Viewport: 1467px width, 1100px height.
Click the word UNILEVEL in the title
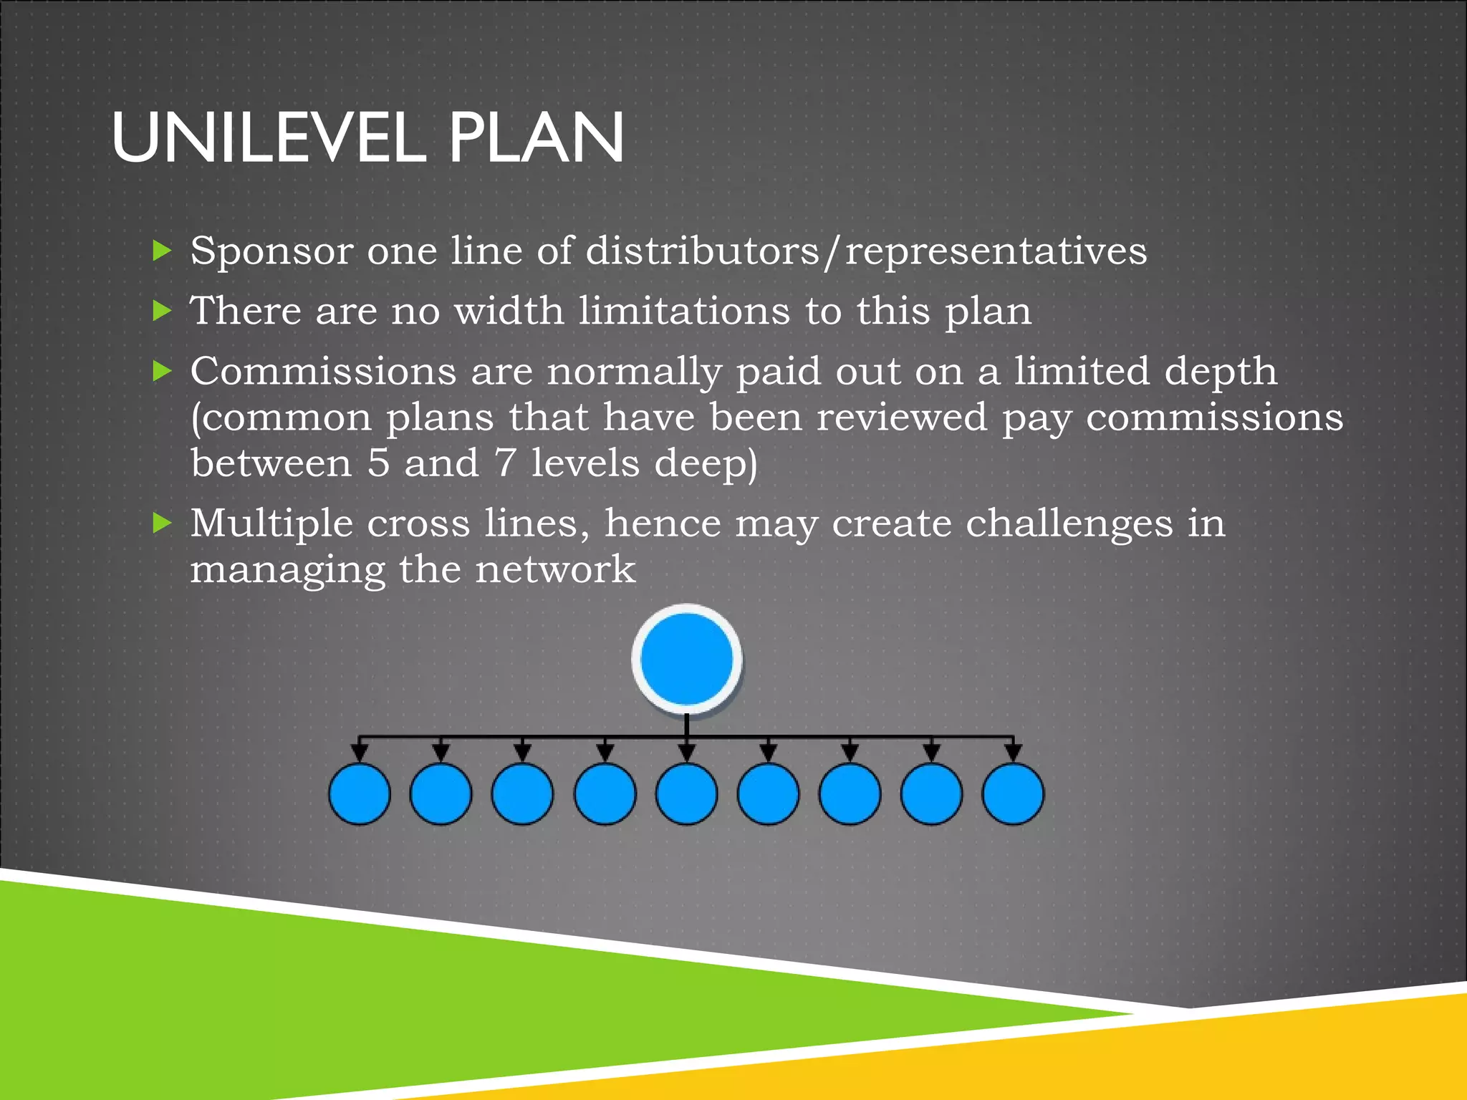pos(269,137)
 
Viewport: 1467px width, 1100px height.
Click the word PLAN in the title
pos(537,137)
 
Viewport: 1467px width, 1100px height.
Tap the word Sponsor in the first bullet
pos(272,252)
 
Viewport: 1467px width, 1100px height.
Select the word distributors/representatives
pos(866,252)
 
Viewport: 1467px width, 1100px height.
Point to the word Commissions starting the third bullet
pos(323,372)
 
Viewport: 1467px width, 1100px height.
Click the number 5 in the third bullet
pos(378,463)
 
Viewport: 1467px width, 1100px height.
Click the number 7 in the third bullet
pos(505,463)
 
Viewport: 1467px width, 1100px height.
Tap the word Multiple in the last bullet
pos(271,524)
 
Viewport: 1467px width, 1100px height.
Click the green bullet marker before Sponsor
pos(163,251)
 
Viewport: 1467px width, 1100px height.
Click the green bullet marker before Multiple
pos(163,523)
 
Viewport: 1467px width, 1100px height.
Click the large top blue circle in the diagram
pos(686,660)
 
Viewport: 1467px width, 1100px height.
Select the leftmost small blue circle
pos(360,793)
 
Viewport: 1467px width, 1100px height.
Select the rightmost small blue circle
pos(1013,793)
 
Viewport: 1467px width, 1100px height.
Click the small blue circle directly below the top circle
pos(686,793)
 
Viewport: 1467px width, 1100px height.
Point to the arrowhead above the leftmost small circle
pos(360,753)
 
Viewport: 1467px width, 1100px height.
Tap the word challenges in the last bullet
pos(1069,524)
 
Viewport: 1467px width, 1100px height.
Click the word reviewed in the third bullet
pos(902,418)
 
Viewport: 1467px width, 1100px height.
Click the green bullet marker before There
pos(163,311)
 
